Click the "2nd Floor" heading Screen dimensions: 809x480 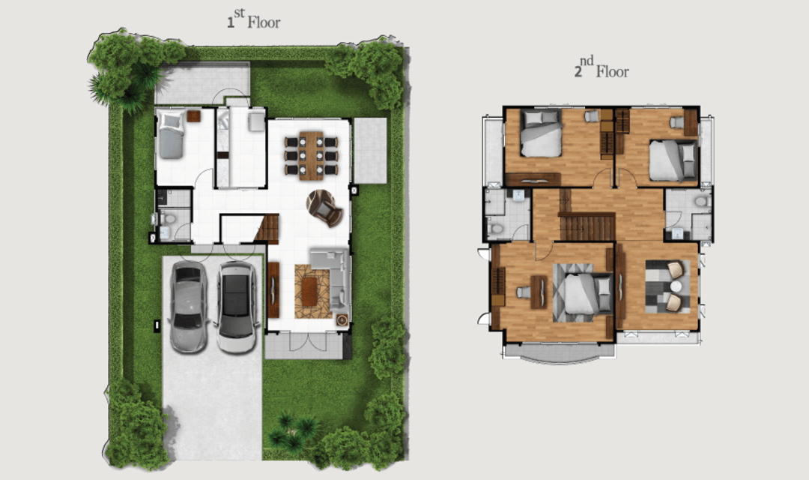coord(602,67)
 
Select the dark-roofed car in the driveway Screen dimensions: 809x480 coord(237,307)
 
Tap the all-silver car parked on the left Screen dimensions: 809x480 coord(188,307)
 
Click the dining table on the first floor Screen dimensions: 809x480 coord(311,155)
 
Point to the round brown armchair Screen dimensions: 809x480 coord(324,208)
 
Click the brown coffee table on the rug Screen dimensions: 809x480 coord(309,292)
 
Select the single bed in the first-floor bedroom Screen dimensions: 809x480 coord(171,134)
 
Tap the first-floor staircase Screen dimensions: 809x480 coord(267,229)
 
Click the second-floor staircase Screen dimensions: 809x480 coord(587,226)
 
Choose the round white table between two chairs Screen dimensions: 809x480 coord(676,286)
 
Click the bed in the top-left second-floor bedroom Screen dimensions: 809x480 coord(541,133)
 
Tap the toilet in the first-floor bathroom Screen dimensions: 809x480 coord(166,218)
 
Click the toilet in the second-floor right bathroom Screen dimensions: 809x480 coord(700,201)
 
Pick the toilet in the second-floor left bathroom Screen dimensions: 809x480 coord(496,228)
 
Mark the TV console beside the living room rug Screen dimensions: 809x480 coord(273,289)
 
